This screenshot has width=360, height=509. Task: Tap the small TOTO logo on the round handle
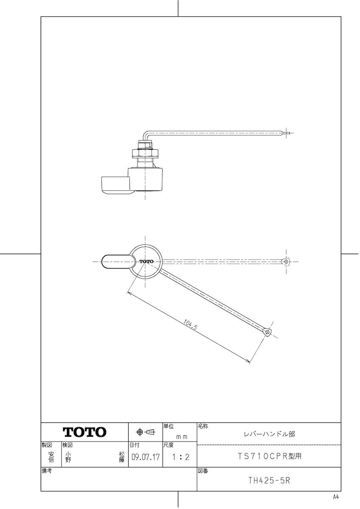146,261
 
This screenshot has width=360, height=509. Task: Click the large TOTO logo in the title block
84,432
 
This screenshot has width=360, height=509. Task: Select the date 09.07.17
146,457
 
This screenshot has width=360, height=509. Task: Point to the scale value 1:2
180,457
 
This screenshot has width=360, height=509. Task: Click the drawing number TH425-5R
269,481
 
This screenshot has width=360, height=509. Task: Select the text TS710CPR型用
270,456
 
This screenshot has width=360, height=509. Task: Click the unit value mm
182,437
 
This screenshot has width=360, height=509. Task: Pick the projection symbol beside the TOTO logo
145,432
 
